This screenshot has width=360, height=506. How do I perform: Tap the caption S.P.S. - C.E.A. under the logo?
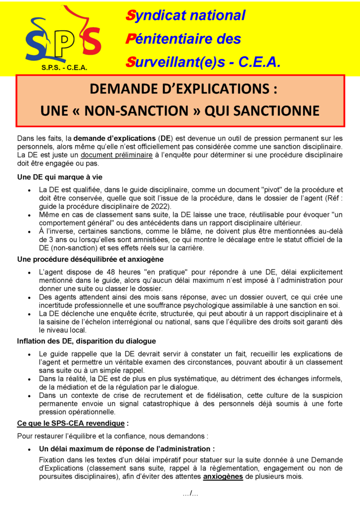coord(64,68)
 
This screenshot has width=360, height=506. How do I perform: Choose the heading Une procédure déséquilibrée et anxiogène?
coord(90,259)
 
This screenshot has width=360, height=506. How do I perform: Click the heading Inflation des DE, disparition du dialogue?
coord(87,341)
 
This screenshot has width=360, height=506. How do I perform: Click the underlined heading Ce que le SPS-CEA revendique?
coord(71,423)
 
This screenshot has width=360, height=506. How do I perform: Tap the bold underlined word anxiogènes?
coord(223,477)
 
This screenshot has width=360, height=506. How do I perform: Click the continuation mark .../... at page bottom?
coord(190,494)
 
